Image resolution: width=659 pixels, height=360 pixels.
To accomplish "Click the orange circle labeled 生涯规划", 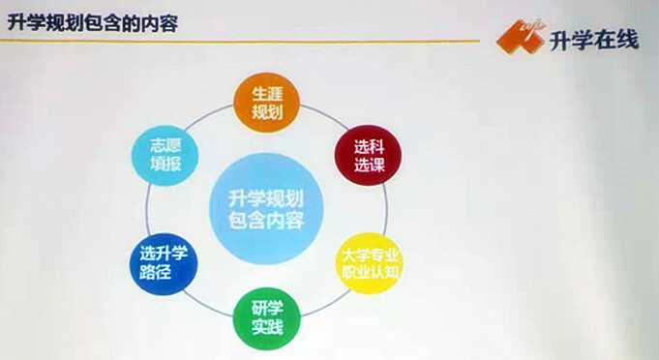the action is (x=266, y=103).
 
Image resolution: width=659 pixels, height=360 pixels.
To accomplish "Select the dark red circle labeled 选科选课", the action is (x=368, y=156).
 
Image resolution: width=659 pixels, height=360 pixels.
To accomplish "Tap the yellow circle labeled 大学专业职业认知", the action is (x=370, y=263).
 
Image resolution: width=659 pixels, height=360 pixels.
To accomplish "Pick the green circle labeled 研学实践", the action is (x=267, y=318).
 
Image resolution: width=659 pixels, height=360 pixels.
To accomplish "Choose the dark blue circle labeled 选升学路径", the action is (x=164, y=264).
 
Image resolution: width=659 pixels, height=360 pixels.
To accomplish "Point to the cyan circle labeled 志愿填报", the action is (x=165, y=156).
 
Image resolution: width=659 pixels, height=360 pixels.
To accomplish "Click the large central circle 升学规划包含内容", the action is (x=266, y=209).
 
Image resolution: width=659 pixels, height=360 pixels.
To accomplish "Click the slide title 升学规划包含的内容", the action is (x=93, y=23).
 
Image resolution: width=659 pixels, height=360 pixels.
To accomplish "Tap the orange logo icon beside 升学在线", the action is (x=521, y=37).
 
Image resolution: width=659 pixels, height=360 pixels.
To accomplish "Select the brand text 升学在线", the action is (x=594, y=41).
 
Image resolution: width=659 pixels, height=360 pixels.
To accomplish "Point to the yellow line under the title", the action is (x=240, y=42).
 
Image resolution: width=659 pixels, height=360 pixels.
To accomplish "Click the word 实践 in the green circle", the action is (x=267, y=327).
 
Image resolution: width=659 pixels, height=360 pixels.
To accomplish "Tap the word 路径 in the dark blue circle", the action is (x=155, y=272).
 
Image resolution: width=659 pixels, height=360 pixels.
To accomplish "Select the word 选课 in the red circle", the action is (x=370, y=165).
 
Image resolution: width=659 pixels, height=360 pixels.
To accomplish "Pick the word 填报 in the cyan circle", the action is (x=166, y=163).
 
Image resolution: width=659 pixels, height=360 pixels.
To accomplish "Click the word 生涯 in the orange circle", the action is (x=267, y=94).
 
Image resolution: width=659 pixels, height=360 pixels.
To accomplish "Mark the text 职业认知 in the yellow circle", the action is (x=370, y=272).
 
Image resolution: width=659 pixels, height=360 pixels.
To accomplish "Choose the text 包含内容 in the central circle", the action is (x=266, y=220).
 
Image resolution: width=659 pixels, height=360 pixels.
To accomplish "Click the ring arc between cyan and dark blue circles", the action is (x=147, y=210).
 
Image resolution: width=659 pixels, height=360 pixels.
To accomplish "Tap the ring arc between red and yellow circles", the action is (x=385, y=209).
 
